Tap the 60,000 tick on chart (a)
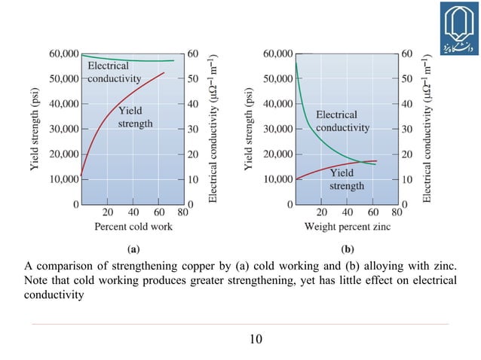(x=63, y=53)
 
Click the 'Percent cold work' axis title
(x=133, y=226)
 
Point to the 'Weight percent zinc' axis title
(x=347, y=226)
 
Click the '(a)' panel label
(x=133, y=248)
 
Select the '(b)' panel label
(x=348, y=248)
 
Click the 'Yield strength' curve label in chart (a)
(x=136, y=117)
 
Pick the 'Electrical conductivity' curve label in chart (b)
(x=342, y=121)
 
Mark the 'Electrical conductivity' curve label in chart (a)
(x=114, y=72)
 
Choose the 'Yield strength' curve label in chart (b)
(x=347, y=179)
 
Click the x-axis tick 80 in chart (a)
(x=182, y=212)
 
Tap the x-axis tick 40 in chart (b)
(x=347, y=212)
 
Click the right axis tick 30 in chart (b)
(x=407, y=129)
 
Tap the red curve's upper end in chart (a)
(x=164, y=73)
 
